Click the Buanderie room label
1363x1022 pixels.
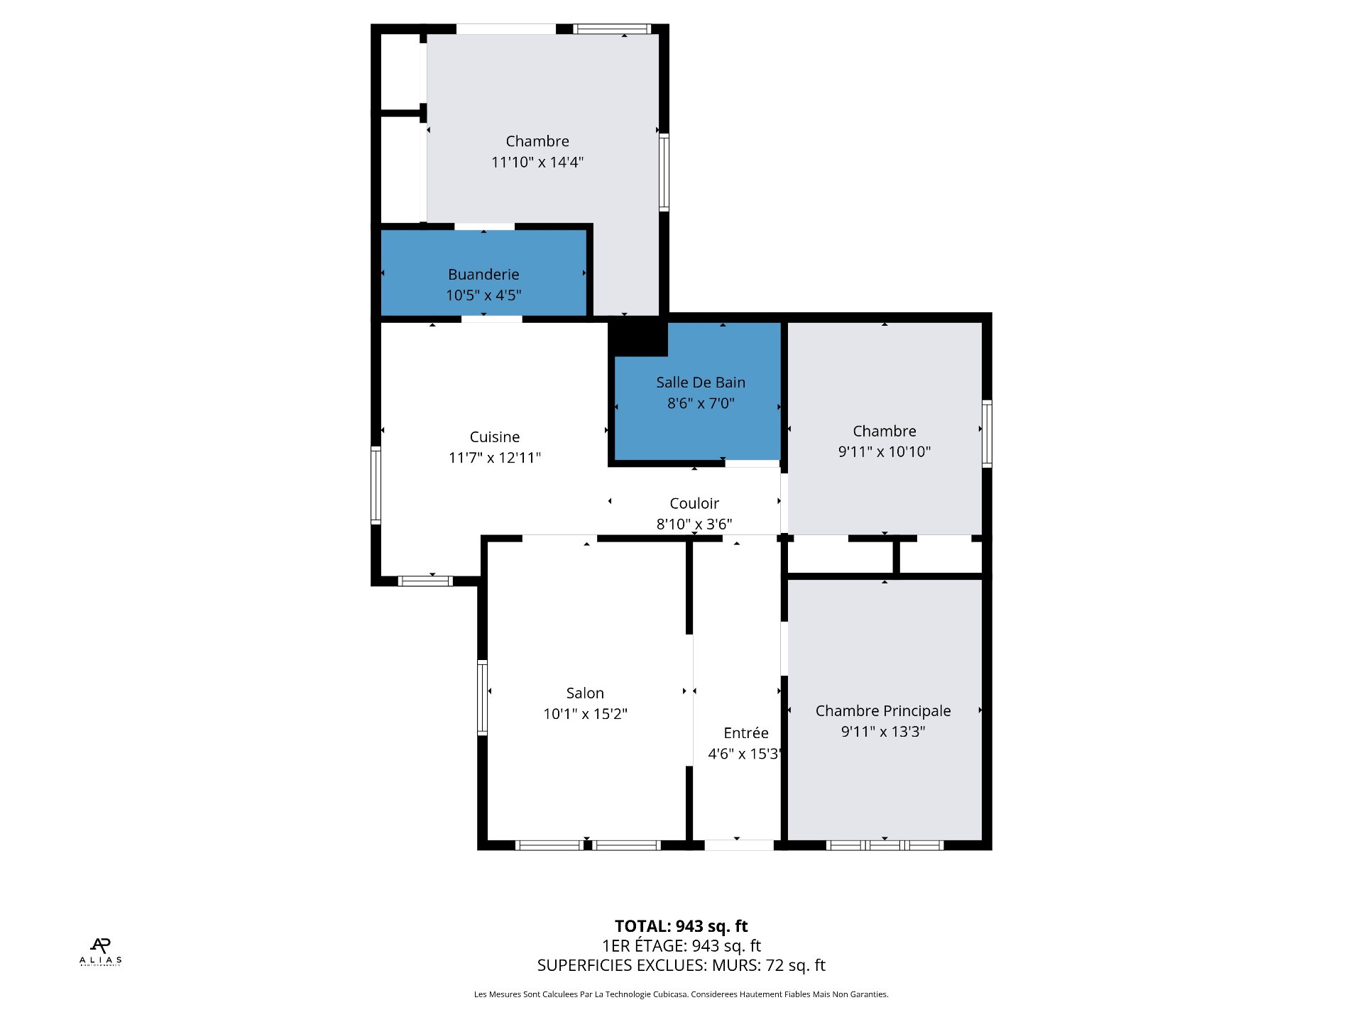[x=483, y=275]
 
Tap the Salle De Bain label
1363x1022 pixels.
[x=701, y=383]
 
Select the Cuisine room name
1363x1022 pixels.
[x=495, y=437]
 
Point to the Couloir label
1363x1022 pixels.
[x=694, y=503]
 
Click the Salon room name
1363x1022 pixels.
[x=585, y=693]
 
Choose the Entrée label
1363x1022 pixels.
[x=746, y=733]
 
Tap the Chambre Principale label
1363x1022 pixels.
[x=883, y=711]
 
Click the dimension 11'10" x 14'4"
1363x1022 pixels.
[x=537, y=163]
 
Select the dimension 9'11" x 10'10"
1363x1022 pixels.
[x=885, y=451]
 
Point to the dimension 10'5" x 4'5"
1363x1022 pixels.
[x=483, y=295]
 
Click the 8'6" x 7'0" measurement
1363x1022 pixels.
[x=701, y=403]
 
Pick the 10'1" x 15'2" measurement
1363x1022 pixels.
[x=585, y=714]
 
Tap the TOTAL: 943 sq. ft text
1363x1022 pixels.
[x=681, y=926]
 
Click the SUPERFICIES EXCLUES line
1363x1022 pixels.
[x=681, y=965]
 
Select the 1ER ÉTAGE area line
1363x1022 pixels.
[x=681, y=946]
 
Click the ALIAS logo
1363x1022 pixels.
[x=101, y=951]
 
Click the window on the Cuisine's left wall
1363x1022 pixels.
[x=376, y=485]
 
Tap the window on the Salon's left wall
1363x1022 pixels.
[x=482, y=698]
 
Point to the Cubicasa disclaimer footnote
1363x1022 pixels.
[x=681, y=994]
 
